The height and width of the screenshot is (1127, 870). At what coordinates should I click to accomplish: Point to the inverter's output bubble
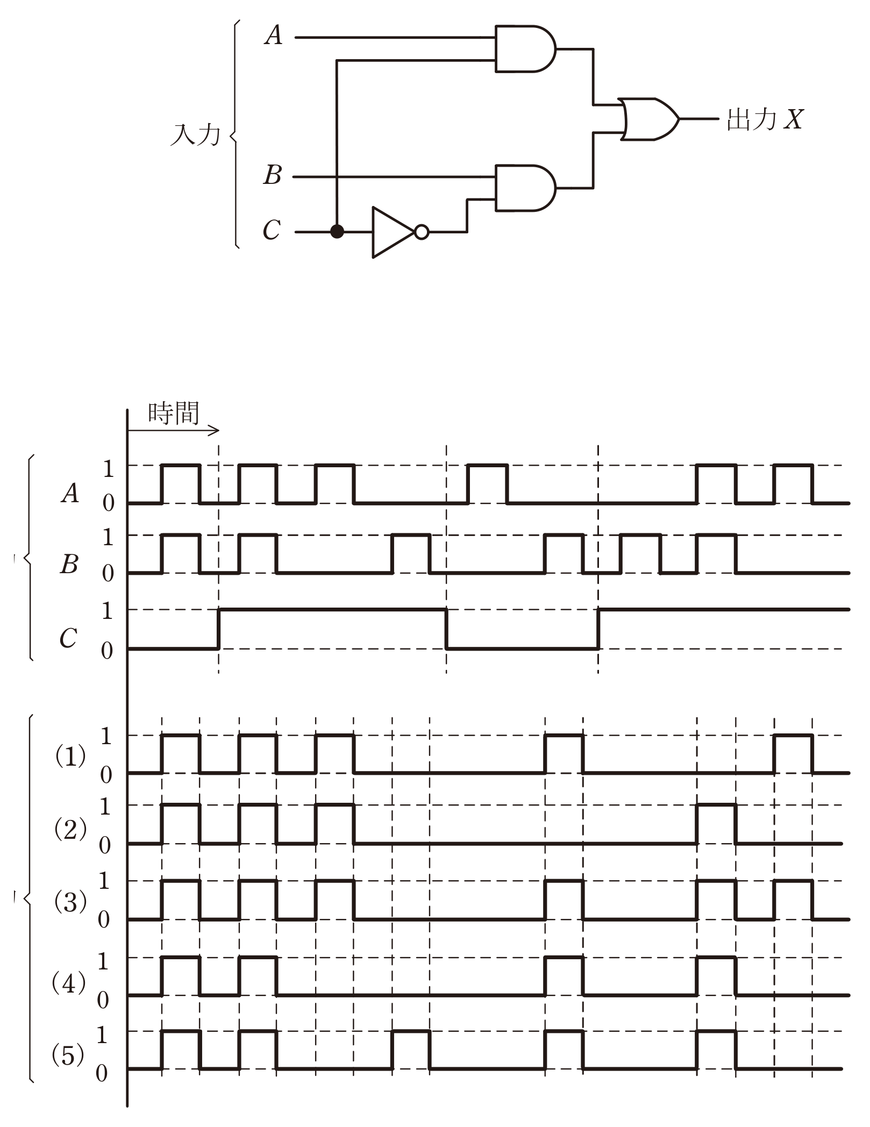pos(422,232)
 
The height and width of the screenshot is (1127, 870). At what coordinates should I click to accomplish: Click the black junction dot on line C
pos(337,232)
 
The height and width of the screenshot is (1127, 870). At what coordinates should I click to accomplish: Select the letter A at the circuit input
pos(273,36)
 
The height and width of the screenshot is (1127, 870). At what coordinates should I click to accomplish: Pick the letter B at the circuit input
pos(273,175)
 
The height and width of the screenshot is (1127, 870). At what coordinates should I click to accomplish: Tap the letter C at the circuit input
pos(272,230)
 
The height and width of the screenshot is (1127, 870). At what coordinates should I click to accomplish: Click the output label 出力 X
pos(765,119)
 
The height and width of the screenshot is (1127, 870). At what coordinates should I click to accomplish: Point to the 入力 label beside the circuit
pos(195,134)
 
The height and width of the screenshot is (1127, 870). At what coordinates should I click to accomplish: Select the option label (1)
pos(70,757)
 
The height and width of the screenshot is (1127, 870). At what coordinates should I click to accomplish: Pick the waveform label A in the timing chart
pos(70,493)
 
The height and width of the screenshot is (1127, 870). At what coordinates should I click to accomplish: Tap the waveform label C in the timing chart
pos(68,638)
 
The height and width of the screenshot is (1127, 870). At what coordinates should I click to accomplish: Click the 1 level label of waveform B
pos(108,537)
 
